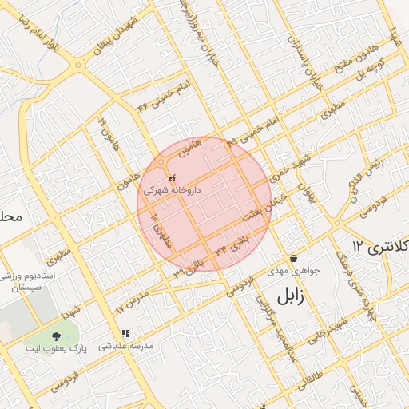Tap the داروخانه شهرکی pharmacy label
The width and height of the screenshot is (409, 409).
pyautogui.click(x=171, y=191)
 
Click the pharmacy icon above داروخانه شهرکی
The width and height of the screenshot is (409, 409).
pyautogui.click(x=172, y=177)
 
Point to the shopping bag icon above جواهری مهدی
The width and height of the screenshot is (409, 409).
pyautogui.click(x=295, y=258)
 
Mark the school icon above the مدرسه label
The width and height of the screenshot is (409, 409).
pyautogui.click(x=125, y=334)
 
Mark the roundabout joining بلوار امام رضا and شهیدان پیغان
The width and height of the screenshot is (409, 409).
pyautogui.click(x=78, y=65)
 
